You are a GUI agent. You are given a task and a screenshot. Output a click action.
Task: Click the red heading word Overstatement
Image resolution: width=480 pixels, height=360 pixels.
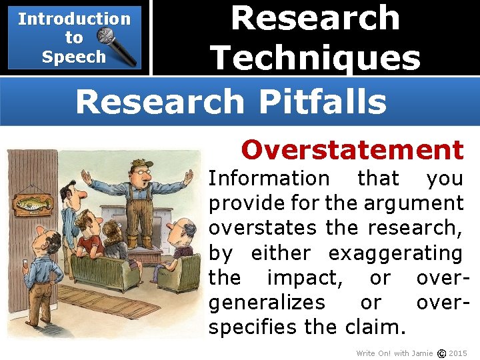(352, 150)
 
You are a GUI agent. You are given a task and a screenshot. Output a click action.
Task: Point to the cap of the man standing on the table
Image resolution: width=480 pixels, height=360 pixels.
(140, 164)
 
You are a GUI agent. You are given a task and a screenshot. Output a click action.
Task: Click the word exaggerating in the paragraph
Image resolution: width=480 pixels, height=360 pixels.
(395, 253)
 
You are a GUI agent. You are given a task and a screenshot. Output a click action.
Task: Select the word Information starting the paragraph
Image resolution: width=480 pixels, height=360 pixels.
(269, 179)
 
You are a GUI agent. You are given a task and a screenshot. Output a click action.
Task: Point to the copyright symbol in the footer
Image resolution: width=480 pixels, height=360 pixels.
(441, 353)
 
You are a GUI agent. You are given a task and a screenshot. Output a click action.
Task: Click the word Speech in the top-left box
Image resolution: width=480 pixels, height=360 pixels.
(73, 57)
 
